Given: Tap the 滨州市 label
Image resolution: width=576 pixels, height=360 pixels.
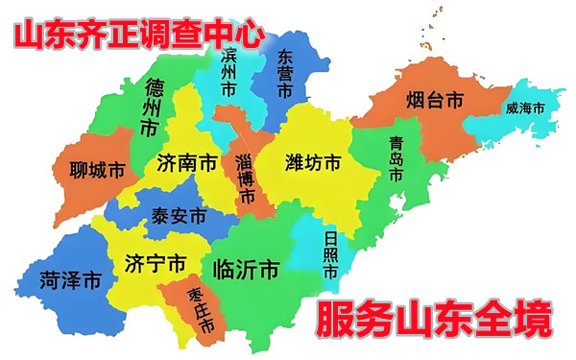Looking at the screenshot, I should point(228,74).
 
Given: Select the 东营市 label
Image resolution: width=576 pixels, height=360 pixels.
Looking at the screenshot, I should point(284,74).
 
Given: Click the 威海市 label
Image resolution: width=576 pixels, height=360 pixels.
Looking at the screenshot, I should point(524,108).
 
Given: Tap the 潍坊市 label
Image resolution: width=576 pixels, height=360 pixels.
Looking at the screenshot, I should point(313,163).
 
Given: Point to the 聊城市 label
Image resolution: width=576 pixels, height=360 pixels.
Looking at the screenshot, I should point(98,171).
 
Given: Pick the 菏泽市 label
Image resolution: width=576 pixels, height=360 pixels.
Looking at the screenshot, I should point(70,280).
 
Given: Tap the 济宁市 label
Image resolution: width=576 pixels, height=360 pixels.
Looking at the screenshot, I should point(156,263).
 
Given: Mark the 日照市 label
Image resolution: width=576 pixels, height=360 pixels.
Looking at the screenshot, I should point(330,255).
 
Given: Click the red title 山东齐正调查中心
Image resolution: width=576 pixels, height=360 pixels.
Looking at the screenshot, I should point(137,36).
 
